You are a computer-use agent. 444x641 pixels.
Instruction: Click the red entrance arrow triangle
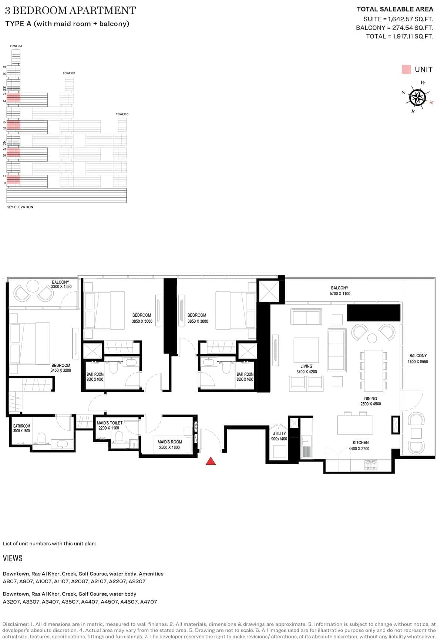coord(211,461)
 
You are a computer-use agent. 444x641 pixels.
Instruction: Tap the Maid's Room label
coord(170,444)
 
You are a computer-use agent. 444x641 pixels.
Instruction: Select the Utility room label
coord(279,436)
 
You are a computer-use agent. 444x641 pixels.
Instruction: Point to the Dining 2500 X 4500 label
coord(370,401)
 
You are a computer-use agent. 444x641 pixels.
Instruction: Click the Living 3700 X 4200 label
coord(306,369)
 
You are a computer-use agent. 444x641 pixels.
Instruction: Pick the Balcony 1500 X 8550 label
coord(418,359)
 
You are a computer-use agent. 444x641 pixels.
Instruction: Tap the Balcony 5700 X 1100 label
coord(340,291)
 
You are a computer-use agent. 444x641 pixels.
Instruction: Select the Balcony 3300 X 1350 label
coord(61,284)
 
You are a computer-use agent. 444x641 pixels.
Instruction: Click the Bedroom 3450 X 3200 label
coord(61,368)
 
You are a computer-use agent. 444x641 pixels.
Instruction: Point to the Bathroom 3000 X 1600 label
coord(21,429)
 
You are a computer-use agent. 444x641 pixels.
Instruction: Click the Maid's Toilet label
coord(109,425)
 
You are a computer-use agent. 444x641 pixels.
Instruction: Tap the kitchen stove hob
coord(371,465)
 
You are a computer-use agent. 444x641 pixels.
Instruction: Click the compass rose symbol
coord(417,97)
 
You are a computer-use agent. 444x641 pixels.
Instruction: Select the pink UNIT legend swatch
coord(406,70)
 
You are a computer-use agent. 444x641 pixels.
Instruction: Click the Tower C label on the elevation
coord(122,114)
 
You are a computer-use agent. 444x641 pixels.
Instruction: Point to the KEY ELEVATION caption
coord(20,207)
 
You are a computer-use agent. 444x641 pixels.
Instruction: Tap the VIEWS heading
coord(13,558)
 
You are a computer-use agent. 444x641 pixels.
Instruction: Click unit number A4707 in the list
coord(148,602)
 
